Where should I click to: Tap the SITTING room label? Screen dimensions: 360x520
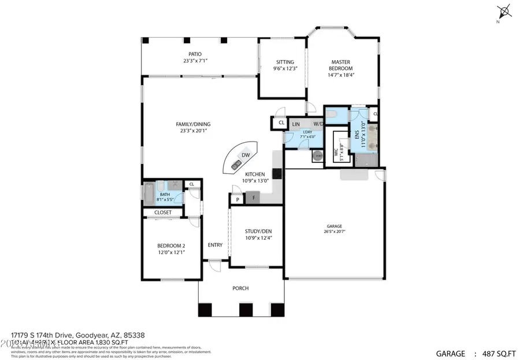[285, 62]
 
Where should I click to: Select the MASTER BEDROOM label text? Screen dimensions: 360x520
[341, 65]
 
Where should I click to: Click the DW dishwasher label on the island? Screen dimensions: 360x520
[246, 155]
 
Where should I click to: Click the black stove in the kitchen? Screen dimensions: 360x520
[277, 172]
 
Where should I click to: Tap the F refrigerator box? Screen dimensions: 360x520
[253, 198]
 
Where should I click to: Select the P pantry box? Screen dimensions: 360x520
[237, 199]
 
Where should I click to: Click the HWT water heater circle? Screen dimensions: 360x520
[318, 155]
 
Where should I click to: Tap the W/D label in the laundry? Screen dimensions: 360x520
[318, 124]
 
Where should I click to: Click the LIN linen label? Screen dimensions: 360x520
[296, 124]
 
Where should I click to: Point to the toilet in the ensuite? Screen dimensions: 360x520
[330, 116]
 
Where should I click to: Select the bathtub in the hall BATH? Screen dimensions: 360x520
[148, 194]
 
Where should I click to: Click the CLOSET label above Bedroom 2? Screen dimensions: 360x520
[162, 212]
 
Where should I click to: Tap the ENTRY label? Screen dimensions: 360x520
[215, 245]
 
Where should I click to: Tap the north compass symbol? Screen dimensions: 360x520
[504, 10]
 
